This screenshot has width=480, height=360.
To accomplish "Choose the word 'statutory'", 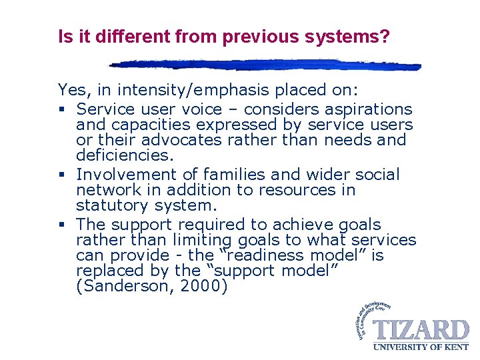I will point(109,205).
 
